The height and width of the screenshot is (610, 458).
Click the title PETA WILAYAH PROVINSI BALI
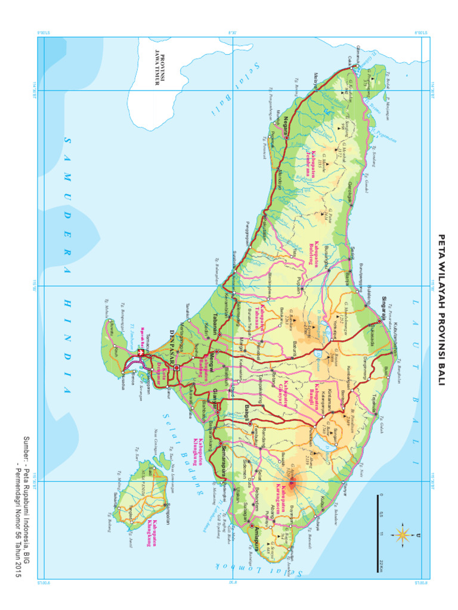click(x=442, y=309)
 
